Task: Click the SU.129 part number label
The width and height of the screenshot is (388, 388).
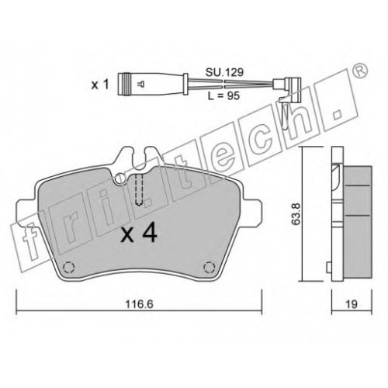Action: (x=224, y=73)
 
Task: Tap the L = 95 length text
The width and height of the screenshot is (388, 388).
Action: (x=223, y=96)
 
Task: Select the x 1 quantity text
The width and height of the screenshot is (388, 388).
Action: (x=100, y=85)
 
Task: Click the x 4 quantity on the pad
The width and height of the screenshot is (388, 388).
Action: (x=139, y=234)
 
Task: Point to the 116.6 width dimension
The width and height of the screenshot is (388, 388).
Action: (x=139, y=304)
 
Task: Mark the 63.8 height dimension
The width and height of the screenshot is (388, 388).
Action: (x=296, y=213)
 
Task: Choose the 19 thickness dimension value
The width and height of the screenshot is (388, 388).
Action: (x=351, y=304)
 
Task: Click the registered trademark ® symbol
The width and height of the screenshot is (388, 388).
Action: (x=360, y=71)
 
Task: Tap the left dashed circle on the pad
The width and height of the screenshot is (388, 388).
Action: (x=69, y=267)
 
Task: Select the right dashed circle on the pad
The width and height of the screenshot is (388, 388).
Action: (x=209, y=267)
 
